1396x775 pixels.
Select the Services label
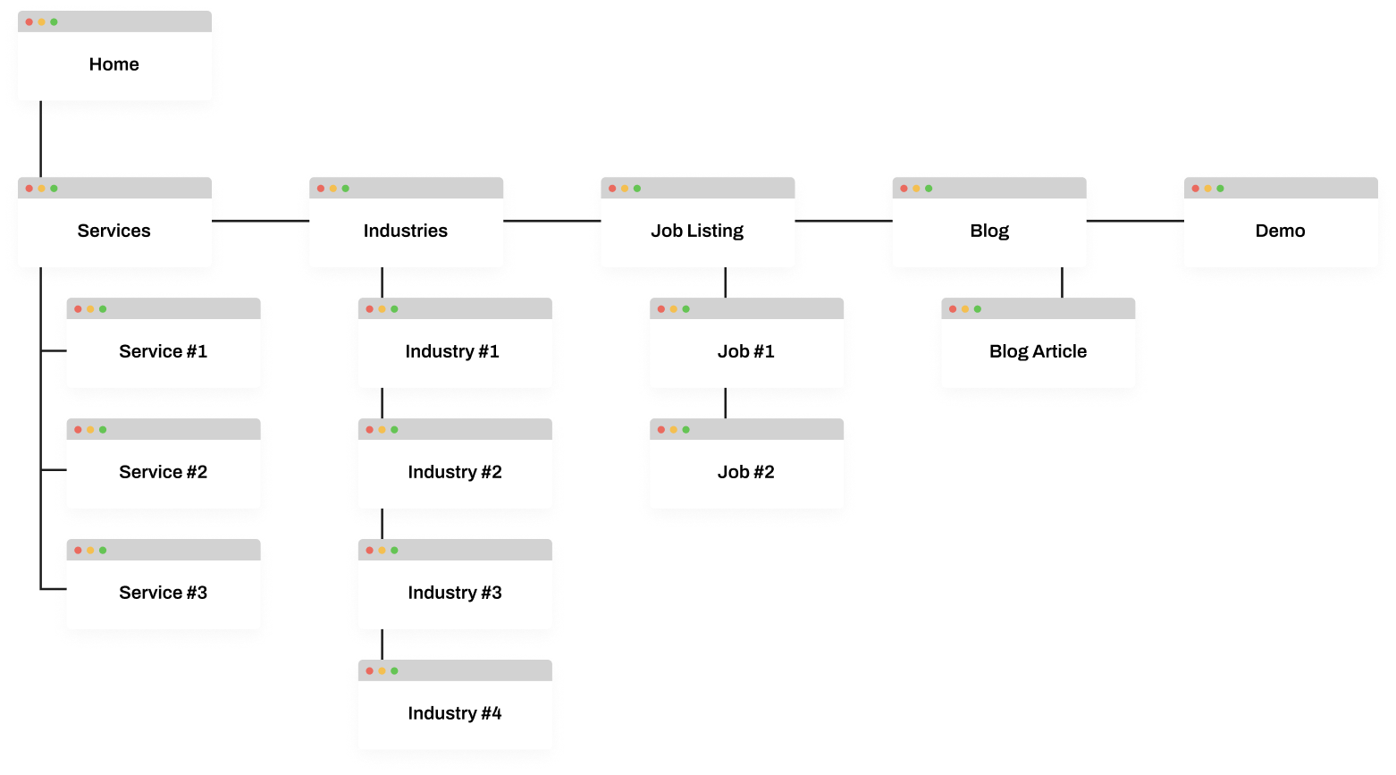(114, 231)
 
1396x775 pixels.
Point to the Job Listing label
(697, 231)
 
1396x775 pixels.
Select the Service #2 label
(164, 472)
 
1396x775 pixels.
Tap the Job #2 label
(746, 472)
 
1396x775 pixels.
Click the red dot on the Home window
(29, 21)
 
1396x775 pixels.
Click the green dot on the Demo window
(1220, 189)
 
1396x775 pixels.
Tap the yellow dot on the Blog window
(916, 189)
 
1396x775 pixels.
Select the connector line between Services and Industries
(260, 220)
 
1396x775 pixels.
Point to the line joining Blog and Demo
(1135, 220)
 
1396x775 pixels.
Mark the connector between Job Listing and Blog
(844, 220)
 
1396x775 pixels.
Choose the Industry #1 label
(452, 351)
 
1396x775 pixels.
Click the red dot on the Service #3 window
(78, 551)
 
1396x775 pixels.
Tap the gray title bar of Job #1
(760, 309)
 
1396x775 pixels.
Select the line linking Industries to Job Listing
(551, 220)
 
